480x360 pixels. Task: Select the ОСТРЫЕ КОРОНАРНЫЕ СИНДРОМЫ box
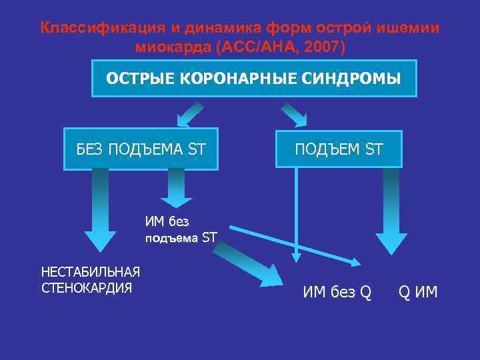253,79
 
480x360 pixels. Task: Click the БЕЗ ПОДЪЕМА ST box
141,149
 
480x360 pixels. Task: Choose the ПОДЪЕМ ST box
339,149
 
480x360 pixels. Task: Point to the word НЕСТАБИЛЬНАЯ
91,272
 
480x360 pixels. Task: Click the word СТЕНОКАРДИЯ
87,288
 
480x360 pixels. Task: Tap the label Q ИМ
418,291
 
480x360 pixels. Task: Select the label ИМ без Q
337,291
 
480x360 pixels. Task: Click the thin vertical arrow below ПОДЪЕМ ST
296,213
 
